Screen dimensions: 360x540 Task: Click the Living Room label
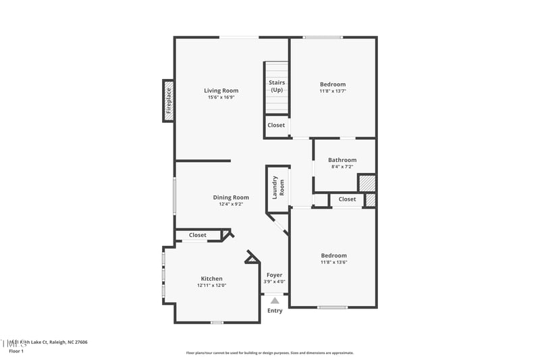221,91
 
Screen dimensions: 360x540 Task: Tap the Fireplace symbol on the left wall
169,101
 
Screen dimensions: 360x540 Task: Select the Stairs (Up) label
277,86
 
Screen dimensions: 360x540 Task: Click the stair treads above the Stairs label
276,70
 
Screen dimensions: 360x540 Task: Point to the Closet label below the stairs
276,126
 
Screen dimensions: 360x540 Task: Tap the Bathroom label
342,160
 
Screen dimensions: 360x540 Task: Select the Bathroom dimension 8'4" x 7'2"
342,167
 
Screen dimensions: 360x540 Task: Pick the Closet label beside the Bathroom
347,199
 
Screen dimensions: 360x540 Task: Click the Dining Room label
231,197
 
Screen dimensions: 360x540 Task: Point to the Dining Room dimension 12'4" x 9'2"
231,204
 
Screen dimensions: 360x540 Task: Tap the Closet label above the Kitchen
197,235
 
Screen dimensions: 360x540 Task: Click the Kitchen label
211,278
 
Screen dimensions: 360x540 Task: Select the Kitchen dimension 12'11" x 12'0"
211,286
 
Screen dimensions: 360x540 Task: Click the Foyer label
274,275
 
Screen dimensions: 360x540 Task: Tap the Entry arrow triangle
275,301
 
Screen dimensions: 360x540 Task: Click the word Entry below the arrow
275,311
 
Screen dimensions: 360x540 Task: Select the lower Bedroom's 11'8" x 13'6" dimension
333,262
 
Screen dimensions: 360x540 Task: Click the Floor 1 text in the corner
16,351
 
